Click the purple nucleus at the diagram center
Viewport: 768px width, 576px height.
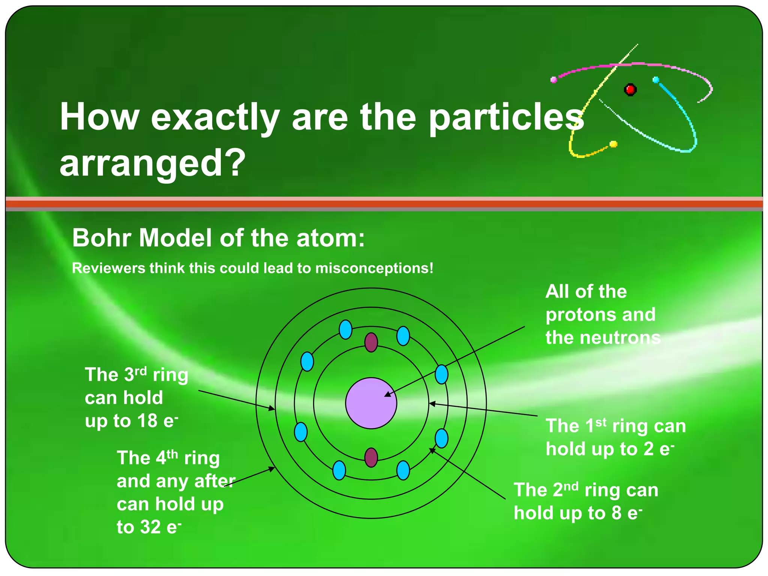(371, 403)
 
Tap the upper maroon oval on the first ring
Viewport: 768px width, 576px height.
(371, 342)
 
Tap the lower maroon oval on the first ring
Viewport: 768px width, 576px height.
(371, 457)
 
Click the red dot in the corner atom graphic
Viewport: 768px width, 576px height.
(630, 90)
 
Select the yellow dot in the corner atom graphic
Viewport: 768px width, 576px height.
(613, 144)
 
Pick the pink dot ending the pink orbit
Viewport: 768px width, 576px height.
(553, 79)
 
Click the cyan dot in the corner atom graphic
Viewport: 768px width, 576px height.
(656, 79)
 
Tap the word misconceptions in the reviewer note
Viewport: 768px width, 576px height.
(374, 268)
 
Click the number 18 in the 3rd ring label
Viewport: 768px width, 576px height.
(147, 421)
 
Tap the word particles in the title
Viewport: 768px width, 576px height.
(506, 117)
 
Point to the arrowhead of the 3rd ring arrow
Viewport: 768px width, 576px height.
(273, 409)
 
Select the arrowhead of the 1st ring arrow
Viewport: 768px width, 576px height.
(432, 404)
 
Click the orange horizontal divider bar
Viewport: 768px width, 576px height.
(384, 204)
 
